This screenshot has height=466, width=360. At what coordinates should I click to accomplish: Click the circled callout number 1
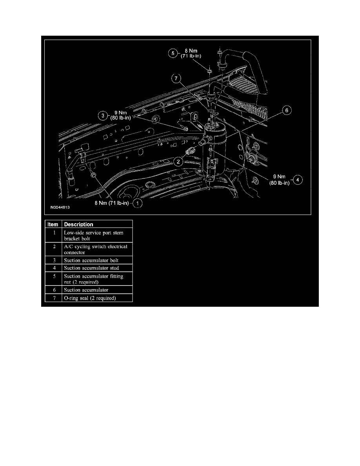[x=138, y=203]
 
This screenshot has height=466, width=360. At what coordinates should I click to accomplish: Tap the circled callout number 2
[x=178, y=162]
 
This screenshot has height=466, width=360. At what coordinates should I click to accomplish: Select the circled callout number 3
[x=103, y=116]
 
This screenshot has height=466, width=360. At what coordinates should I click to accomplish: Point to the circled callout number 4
[x=298, y=180]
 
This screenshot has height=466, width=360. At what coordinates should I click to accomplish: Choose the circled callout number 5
[x=173, y=53]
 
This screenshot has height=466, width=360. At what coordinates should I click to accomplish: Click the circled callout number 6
[x=287, y=111]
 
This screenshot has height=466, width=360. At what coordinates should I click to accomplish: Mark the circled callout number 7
[x=176, y=78]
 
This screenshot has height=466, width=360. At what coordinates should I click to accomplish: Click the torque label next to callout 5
[x=191, y=53]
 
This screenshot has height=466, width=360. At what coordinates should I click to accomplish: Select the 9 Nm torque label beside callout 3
[x=121, y=115]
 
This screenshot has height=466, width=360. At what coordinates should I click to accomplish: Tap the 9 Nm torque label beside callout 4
[x=280, y=180]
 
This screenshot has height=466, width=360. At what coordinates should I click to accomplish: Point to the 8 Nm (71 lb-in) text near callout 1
[x=112, y=203]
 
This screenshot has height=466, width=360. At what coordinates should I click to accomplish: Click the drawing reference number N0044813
[x=60, y=208]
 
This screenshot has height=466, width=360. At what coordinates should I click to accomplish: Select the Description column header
[x=79, y=224]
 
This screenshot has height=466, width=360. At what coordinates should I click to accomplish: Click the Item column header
[x=53, y=224]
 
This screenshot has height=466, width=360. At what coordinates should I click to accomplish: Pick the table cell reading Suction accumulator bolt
[x=91, y=260]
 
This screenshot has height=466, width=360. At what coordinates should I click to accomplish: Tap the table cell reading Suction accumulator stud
[x=91, y=268]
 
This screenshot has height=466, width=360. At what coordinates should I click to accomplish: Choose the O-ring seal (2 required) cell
[x=90, y=298]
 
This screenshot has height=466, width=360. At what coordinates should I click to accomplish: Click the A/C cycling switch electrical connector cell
[x=96, y=249]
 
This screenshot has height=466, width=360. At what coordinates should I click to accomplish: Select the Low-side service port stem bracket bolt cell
[x=94, y=235]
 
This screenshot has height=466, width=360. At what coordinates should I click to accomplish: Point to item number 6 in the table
[x=55, y=290]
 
